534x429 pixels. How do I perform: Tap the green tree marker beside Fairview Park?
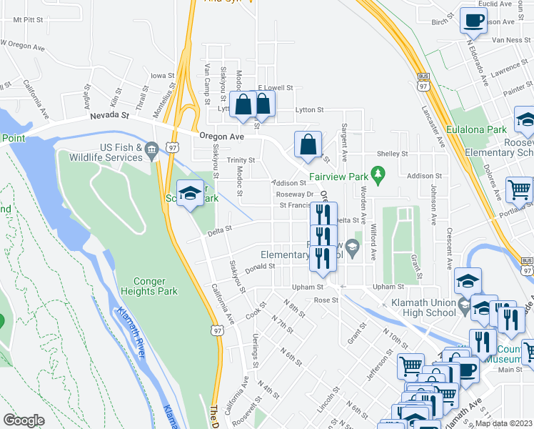pyautogui.click(x=378, y=173)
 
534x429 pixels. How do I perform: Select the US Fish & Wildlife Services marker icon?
pyautogui.click(x=151, y=149)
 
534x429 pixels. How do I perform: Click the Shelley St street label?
pyautogui.click(x=392, y=153)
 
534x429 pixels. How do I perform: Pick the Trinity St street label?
pyautogui.click(x=241, y=160)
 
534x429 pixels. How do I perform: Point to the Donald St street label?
pyautogui.click(x=260, y=266)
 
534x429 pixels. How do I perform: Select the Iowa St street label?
pyautogui.click(x=162, y=75)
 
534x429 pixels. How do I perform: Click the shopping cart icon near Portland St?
pyautogui.click(x=519, y=189)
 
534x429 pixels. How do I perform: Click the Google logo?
pyautogui.click(x=24, y=420)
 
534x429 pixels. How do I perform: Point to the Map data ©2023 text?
pyautogui.click(x=503, y=423)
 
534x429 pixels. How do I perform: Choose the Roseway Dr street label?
pyautogui.click(x=295, y=194)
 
